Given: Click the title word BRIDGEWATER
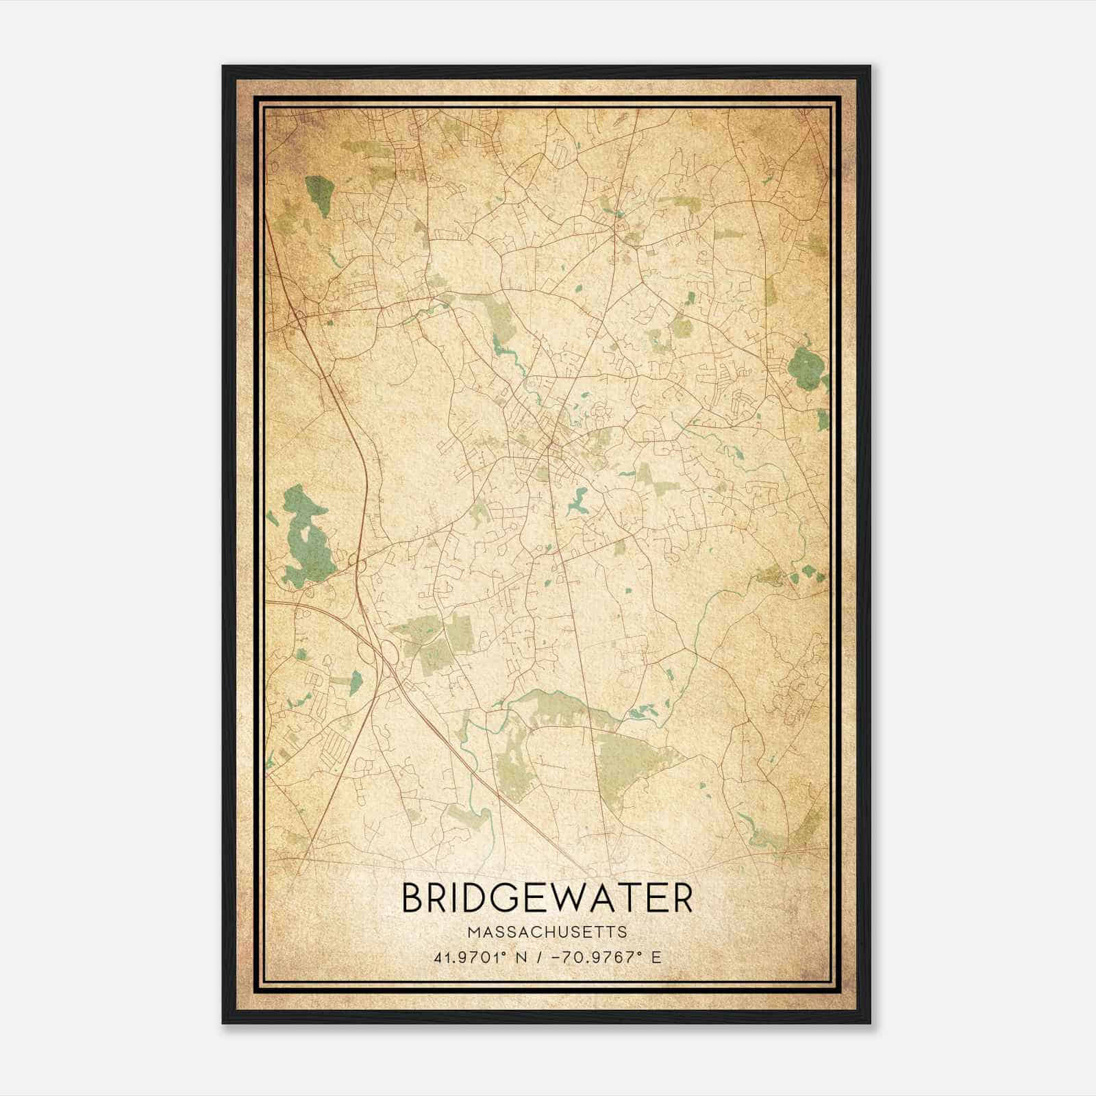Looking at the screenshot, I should (547, 898).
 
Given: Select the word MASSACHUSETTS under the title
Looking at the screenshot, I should (547, 932).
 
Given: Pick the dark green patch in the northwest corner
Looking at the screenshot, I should (317, 195).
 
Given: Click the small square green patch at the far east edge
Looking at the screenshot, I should (823, 419).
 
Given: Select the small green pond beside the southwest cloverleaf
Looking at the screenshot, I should (355, 682).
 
